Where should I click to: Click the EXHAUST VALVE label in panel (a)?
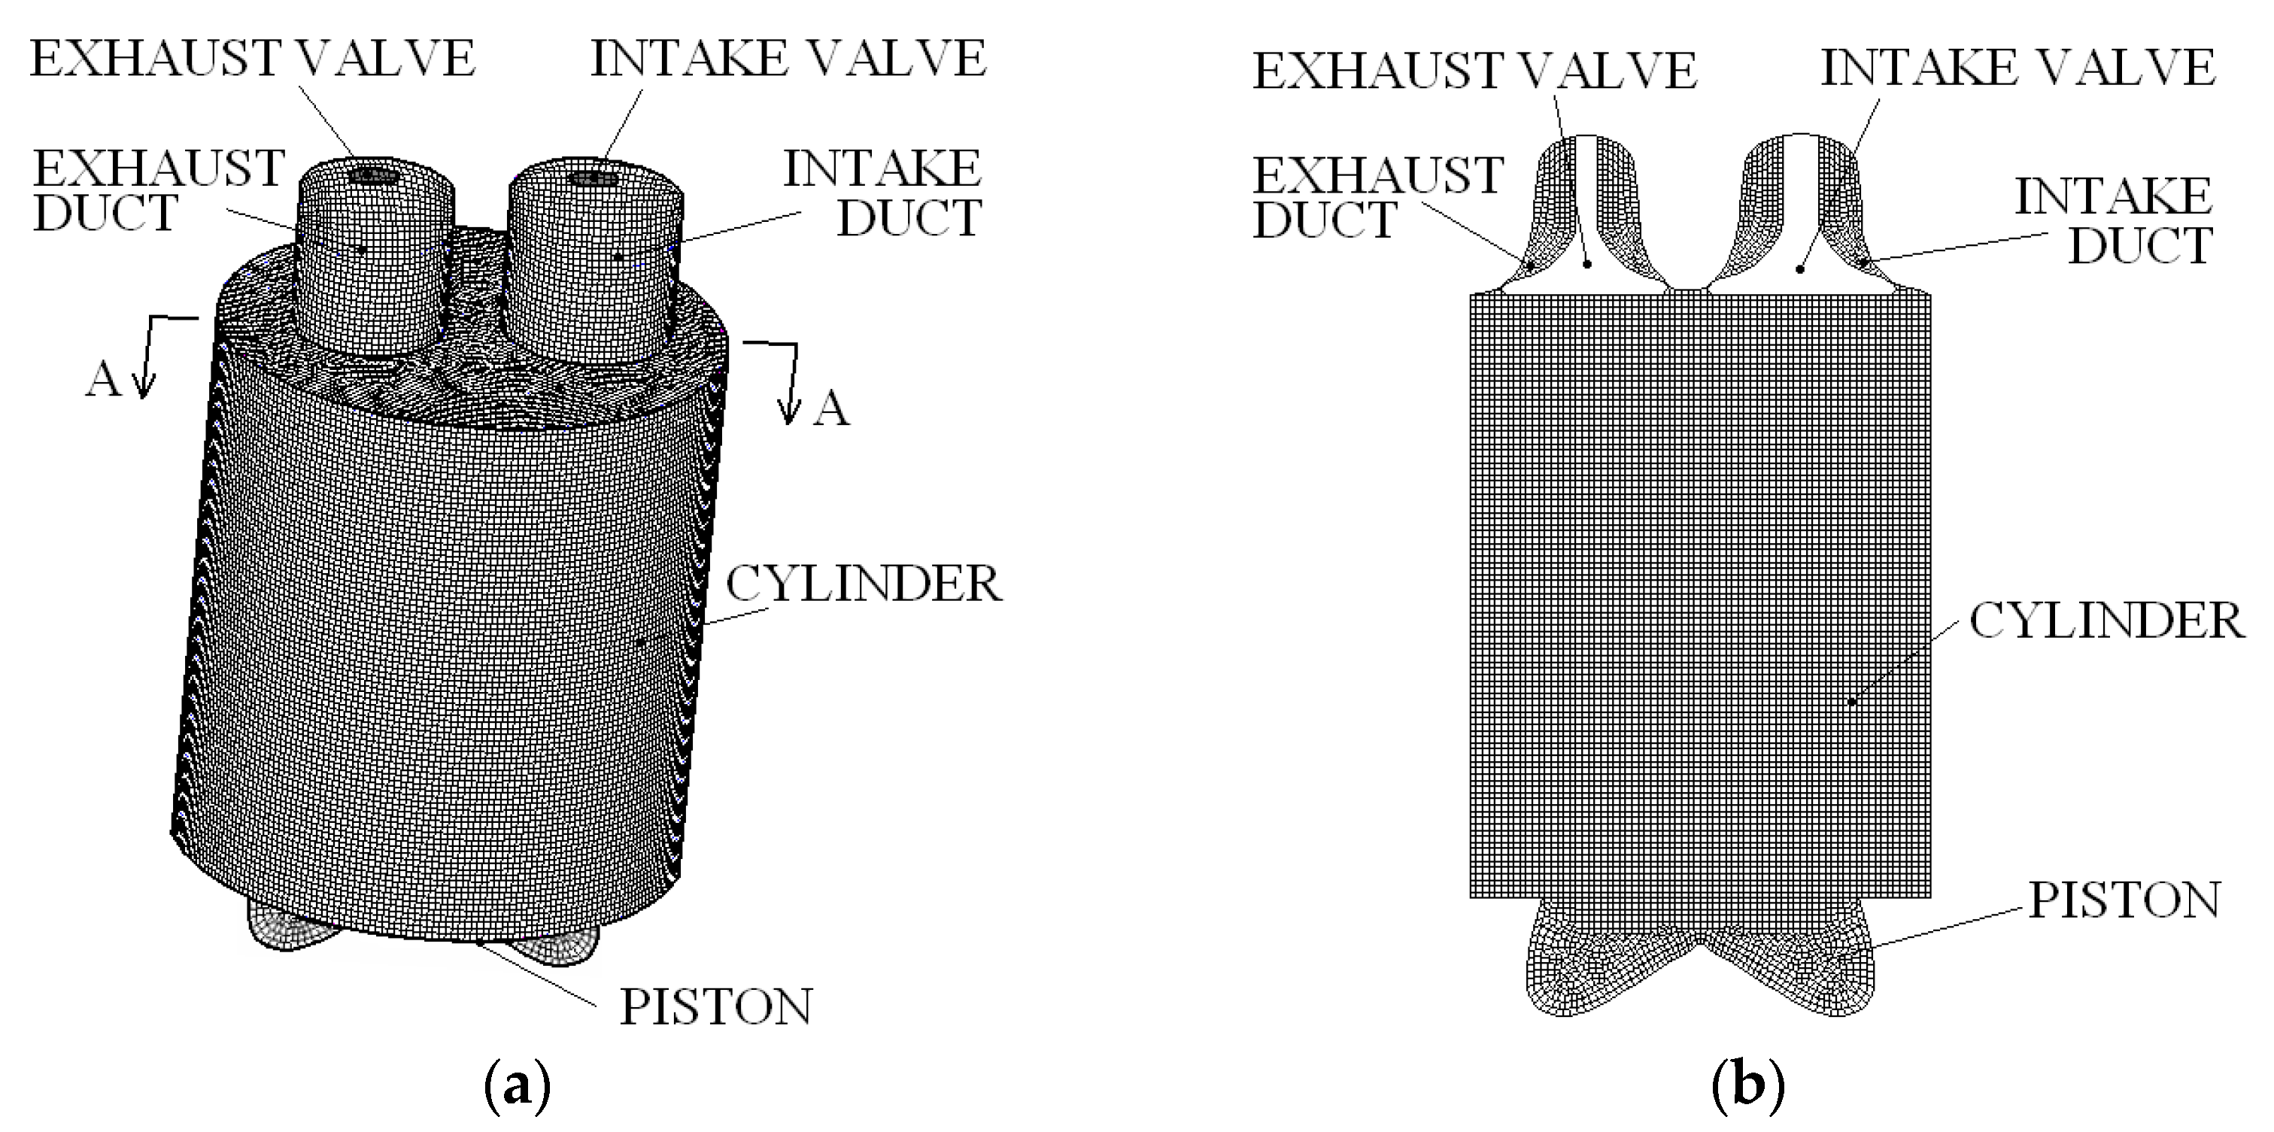pyautogui.click(x=253, y=59)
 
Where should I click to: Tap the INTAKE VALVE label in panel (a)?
pyautogui.click(x=788, y=59)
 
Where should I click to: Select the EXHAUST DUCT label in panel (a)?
pyautogui.click(x=159, y=191)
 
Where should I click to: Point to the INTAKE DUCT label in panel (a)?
pyautogui.click(x=883, y=193)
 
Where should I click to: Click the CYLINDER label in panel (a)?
pyautogui.click(x=864, y=584)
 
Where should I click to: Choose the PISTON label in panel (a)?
pyautogui.click(x=715, y=1006)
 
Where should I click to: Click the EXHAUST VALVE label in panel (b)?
pyautogui.click(x=1474, y=71)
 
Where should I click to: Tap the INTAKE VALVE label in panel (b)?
pyautogui.click(x=2018, y=68)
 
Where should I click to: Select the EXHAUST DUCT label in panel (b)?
pyautogui.click(x=1378, y=198)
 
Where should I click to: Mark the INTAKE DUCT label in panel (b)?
pyautogui.click(x=2115, y=220)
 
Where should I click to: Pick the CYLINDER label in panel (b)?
pyautogui.click(x=2106, y=621)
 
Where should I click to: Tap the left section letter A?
pyautogui.click(x=102, y=381)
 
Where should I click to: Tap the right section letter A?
pyautogui.click(x=830, y=409)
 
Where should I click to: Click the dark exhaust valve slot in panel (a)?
pyautogui.click(x=372, y=177)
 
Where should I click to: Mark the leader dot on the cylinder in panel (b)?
pyautogui.click(x=1852, y=702)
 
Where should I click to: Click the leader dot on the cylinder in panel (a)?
pyautogui.click(x=640, y=643)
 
